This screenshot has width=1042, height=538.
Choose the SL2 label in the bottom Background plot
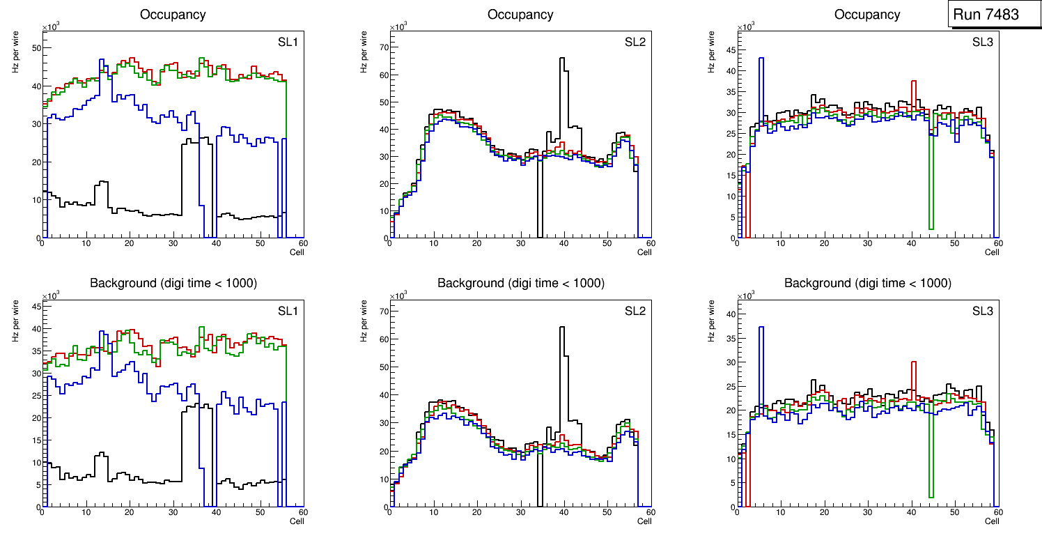pos(635,312)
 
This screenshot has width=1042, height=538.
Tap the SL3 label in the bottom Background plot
pos(982,312)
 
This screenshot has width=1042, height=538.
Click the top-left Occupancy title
pos(173,15)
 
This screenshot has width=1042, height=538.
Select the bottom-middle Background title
pos(520,284)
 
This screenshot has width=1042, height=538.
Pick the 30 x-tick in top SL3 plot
pos(867,243)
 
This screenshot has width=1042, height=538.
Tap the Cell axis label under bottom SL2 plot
pos(644,521)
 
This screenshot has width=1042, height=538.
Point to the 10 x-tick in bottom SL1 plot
pos(86,512)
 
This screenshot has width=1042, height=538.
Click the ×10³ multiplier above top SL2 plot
pos(398,26)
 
